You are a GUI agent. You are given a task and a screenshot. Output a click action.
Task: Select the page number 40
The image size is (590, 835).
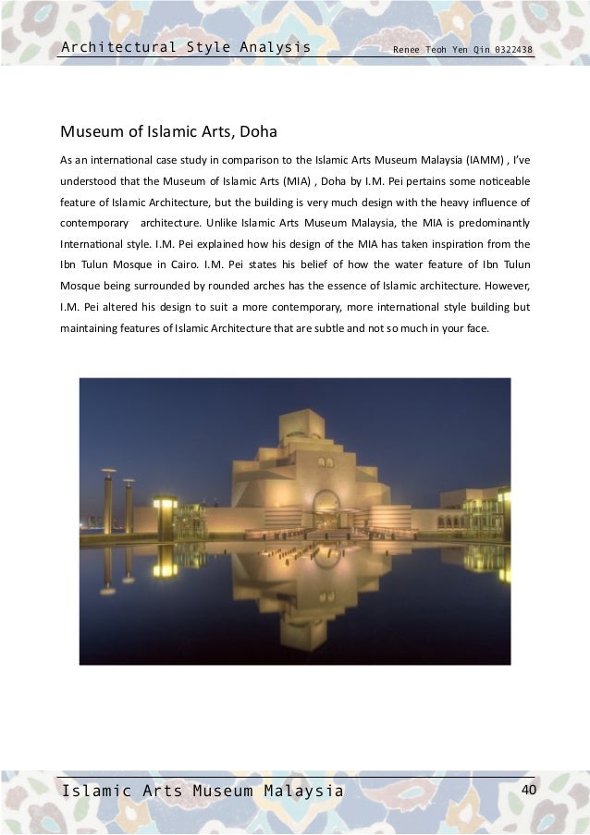(529, 790)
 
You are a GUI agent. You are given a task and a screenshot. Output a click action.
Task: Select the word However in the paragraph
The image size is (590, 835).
(506, 287)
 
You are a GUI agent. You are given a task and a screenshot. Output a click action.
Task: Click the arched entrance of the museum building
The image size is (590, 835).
(326, 509)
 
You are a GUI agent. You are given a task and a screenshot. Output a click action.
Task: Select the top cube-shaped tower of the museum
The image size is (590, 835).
(306, 424)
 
